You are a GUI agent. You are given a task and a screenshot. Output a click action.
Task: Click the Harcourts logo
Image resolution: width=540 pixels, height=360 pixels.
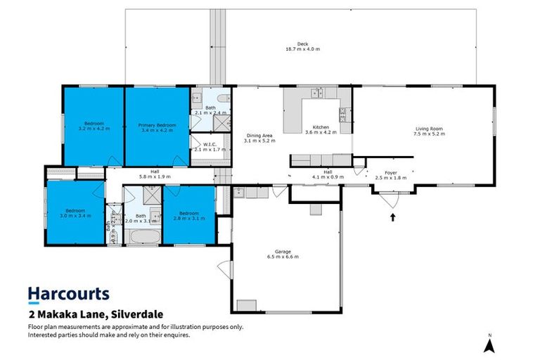coord(68,293)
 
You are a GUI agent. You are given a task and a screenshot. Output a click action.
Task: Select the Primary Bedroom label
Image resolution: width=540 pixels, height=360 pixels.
coord(157,124)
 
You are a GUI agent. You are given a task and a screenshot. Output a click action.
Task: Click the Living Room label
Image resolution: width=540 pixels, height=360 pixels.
coord(430,128)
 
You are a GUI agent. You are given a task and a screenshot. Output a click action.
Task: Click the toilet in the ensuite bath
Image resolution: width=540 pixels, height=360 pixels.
coord(221,98)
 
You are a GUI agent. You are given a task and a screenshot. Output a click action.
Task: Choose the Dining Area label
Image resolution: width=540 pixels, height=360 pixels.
coord(257,136)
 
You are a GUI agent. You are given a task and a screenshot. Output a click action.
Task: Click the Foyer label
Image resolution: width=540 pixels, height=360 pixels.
coord(387,173)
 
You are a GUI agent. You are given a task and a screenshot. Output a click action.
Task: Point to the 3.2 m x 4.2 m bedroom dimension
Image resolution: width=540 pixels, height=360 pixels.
coord(94,129)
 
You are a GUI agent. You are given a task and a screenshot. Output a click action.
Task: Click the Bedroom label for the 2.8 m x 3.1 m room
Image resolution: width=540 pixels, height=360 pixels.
coord(188,213)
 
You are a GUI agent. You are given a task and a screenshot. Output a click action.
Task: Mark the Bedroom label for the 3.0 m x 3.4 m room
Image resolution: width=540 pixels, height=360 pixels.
coord(76,211)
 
